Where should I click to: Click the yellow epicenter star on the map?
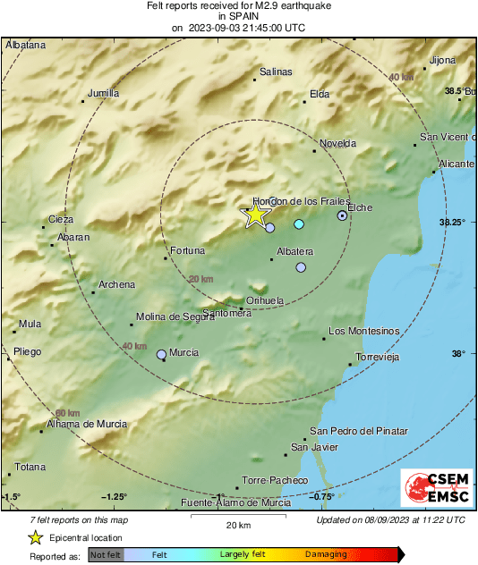point(256,215)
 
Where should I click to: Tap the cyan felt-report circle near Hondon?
point(299,223)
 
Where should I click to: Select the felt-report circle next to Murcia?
point(162,355)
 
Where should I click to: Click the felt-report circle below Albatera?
point(301,267)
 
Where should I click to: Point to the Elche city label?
point(359,207)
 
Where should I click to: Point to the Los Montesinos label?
point(363,331)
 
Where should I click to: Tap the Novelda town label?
point(337,143)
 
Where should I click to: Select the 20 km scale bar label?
point(237,524)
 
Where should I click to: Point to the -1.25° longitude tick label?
point(115,497)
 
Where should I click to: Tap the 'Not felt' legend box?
point(106,554)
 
